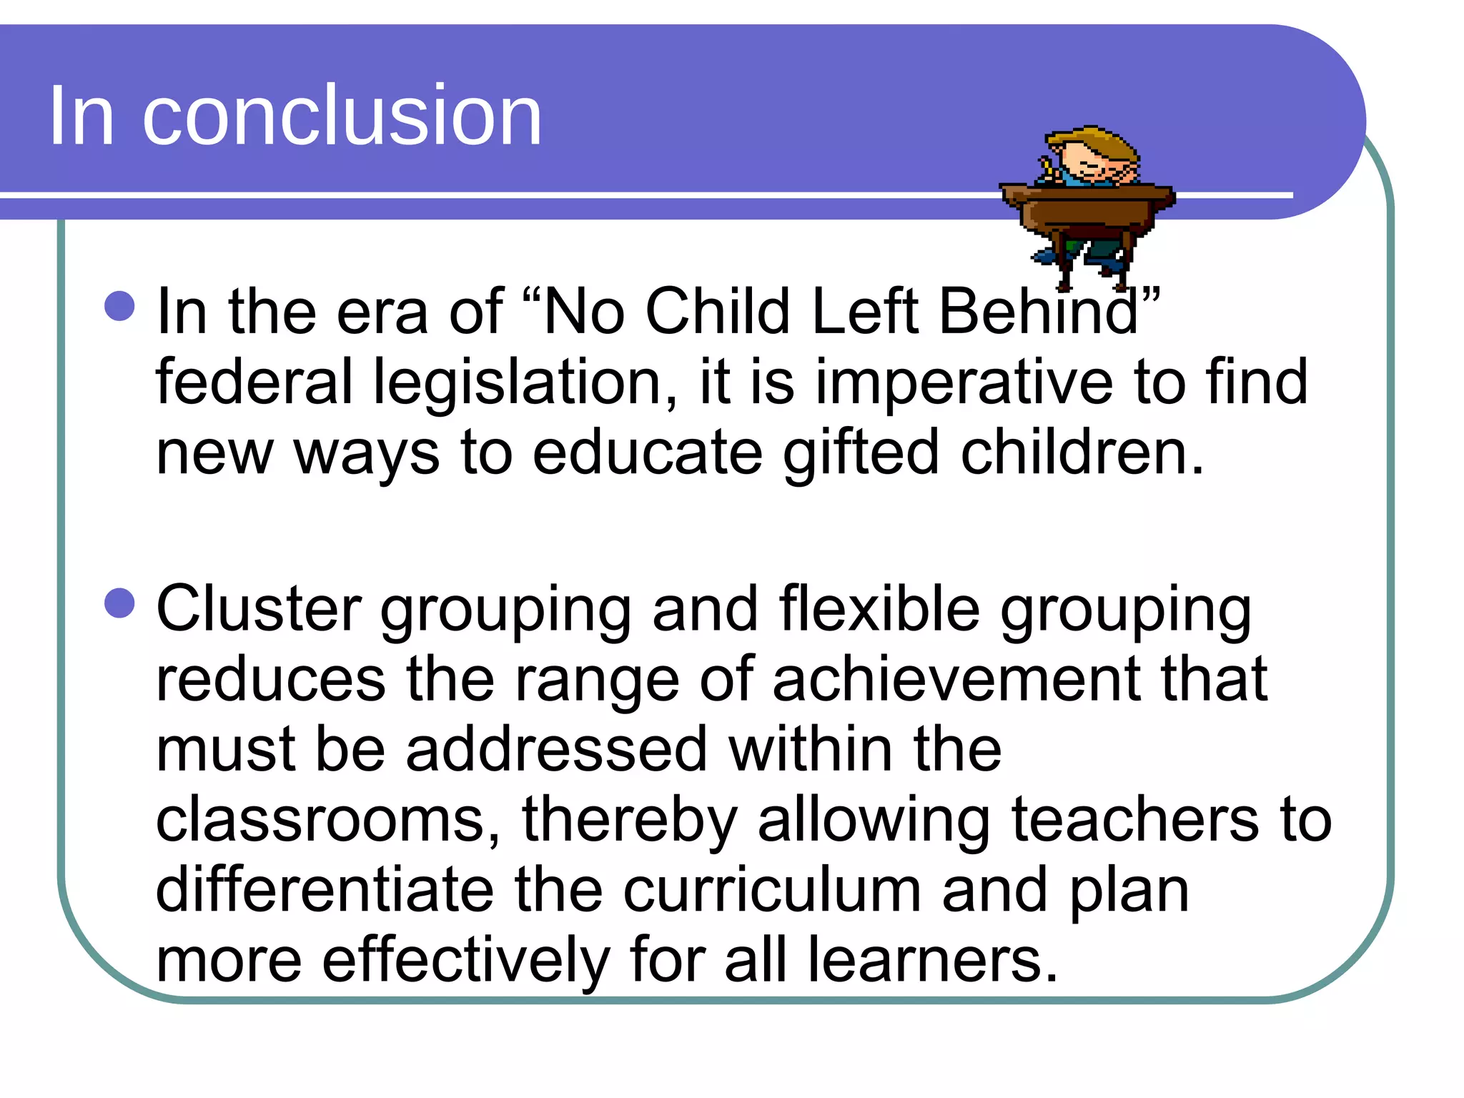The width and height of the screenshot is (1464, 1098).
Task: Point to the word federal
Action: coord(254,382)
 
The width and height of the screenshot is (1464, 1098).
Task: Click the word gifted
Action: coord(861,453)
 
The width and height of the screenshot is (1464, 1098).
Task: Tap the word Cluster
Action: coord(259,608)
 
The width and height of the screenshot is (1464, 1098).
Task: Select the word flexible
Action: coord(879,608)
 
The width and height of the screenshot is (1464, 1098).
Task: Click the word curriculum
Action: coord(772,890)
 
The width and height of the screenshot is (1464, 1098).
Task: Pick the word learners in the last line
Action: coord(932,960)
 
